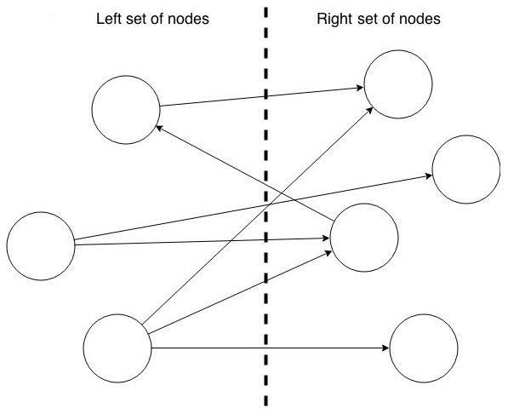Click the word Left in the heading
tap(109, 19)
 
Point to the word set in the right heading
tap(367, 19)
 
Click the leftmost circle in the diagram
tap(40, 247)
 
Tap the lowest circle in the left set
tap(117, 348)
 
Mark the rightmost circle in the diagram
tap(466, 170)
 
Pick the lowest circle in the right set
tap(423, 348)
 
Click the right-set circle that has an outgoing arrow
tap(363, 236)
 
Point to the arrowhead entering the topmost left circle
tap(157, 128)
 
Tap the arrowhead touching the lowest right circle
tap(385, 348)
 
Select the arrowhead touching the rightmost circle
tap(428, 175)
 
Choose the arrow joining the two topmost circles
tap(260, 97)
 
